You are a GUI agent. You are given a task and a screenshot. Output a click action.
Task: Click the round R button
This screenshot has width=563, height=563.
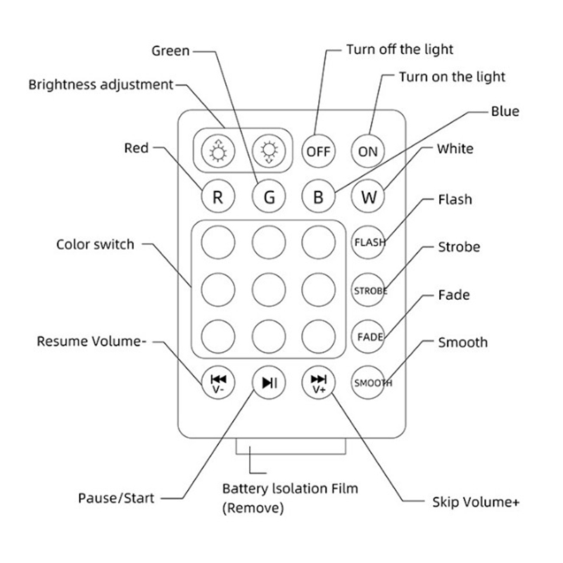point(218,196)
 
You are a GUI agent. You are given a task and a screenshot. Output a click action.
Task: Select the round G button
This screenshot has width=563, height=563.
point(269,196)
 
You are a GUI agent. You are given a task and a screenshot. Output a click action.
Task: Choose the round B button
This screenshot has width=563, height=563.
point(318,196)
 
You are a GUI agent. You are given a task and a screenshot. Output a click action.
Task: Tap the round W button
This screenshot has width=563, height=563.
point(369,196)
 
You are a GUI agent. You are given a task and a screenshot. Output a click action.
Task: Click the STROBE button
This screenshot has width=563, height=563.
point(369,290)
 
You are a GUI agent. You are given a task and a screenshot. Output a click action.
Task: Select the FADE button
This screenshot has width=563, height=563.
point(369,336)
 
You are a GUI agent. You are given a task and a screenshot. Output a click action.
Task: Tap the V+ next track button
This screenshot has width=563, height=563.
point(318,383)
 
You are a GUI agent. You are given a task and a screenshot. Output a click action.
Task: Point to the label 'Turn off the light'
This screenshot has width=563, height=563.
point(400,49)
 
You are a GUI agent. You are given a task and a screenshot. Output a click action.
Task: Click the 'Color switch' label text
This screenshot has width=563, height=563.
point(95,245)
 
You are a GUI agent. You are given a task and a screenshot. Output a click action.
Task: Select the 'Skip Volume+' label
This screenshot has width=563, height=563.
point(475,502)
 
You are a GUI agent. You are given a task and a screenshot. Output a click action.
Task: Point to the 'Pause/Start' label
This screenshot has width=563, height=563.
point(116,498)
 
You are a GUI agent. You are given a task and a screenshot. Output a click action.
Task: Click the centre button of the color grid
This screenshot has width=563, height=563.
point(269,287)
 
